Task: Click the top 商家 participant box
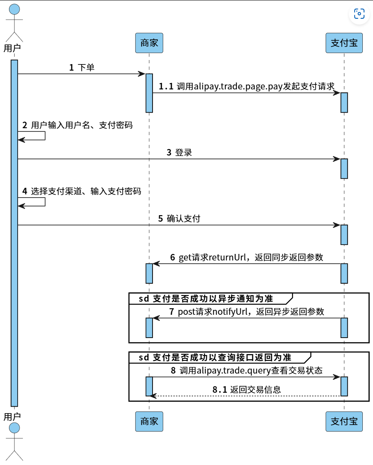click(149, 43)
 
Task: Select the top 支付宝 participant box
click(344, 43)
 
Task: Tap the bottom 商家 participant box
click(149, 421)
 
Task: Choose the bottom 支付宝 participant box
click(344, 421)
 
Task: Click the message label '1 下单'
click(82, 67)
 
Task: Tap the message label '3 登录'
click(179, 153)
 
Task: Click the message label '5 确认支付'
click(179, 219)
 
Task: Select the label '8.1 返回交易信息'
click(247, 389)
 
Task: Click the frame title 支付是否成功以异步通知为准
click(213, 299)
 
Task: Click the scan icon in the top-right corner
click(359, 14)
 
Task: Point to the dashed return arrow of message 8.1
click(245, 396)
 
